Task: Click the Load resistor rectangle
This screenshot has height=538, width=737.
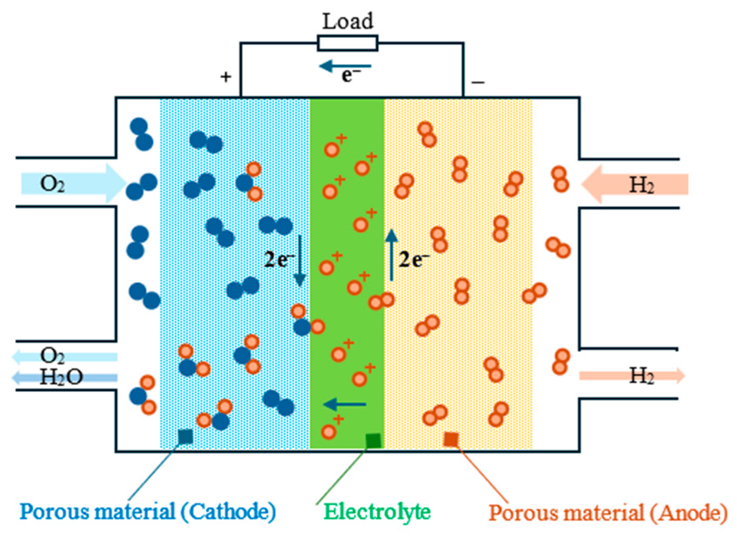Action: coord(348,43)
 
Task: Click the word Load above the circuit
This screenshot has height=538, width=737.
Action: coord(348,21)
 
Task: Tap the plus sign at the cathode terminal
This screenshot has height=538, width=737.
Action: coord(225,77)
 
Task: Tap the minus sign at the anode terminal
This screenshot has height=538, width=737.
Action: coord(478,82)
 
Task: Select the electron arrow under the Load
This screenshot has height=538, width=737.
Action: coord(345,67)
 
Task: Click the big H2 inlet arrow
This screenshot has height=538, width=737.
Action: coord(635,184)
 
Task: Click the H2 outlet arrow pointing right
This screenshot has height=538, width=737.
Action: coord(632,375)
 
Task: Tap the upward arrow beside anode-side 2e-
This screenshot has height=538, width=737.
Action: coord(391,255)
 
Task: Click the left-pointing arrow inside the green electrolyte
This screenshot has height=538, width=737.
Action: coord(345,405)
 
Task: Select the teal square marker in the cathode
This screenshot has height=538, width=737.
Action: coord(186,436)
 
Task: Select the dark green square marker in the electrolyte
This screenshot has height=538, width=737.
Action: coord(373,441)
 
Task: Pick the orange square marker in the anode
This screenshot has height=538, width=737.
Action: coord(451,439)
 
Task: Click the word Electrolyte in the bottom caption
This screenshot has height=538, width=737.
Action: coord(377,511)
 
